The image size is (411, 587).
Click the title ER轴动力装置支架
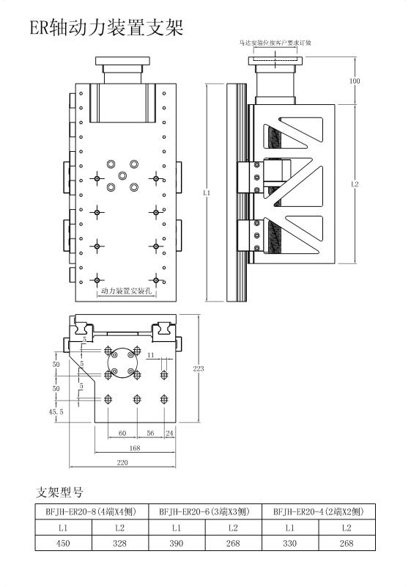coord(106,27)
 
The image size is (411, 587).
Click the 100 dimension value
coord(354,81)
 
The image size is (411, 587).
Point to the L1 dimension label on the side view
coord(207,193)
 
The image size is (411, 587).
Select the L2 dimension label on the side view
coord(355,184)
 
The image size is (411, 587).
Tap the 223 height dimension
coord(199,369)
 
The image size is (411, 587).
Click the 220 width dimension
coord(122,463)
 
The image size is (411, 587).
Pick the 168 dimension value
coord(135,448)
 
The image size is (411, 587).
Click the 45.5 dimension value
coord(56,412)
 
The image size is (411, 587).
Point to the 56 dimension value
coord(150,433)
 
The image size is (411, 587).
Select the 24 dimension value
coord(170,433)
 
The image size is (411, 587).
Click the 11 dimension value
coord(151,355)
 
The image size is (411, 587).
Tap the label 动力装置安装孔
coord(126,291)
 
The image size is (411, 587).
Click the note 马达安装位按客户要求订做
coord(275,43)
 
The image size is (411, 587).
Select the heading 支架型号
coord(59,492)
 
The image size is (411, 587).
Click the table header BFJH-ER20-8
coord(71,511)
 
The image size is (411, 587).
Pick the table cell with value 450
coord(63,543)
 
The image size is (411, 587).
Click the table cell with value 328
coord(119,543)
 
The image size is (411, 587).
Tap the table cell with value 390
coord(177,543)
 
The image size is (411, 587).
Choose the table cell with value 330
coord(290,543)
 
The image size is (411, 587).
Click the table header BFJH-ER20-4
coord(298,511)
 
